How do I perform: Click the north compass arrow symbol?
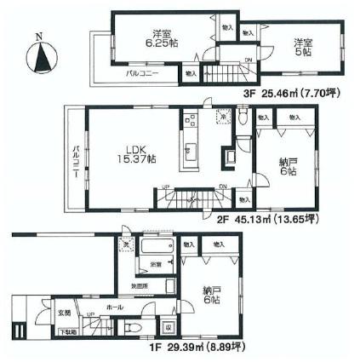pyautogui.click(x=39, y=60)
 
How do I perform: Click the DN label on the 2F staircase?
pyautogui.click(x=223, y=189)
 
